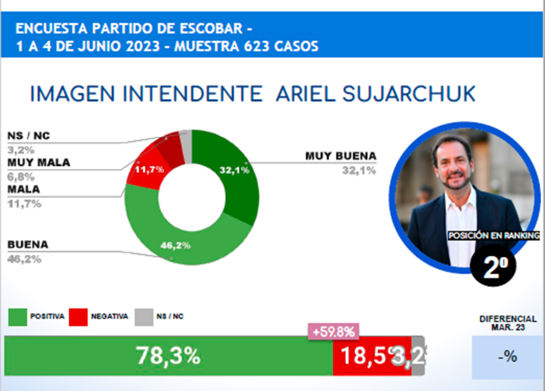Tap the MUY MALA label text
point(39,162)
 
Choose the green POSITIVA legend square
point(17,317)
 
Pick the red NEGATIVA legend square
point(78,317)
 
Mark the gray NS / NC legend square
point(144,317)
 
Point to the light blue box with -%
point(508,357)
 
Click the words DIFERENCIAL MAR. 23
point(508,323)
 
